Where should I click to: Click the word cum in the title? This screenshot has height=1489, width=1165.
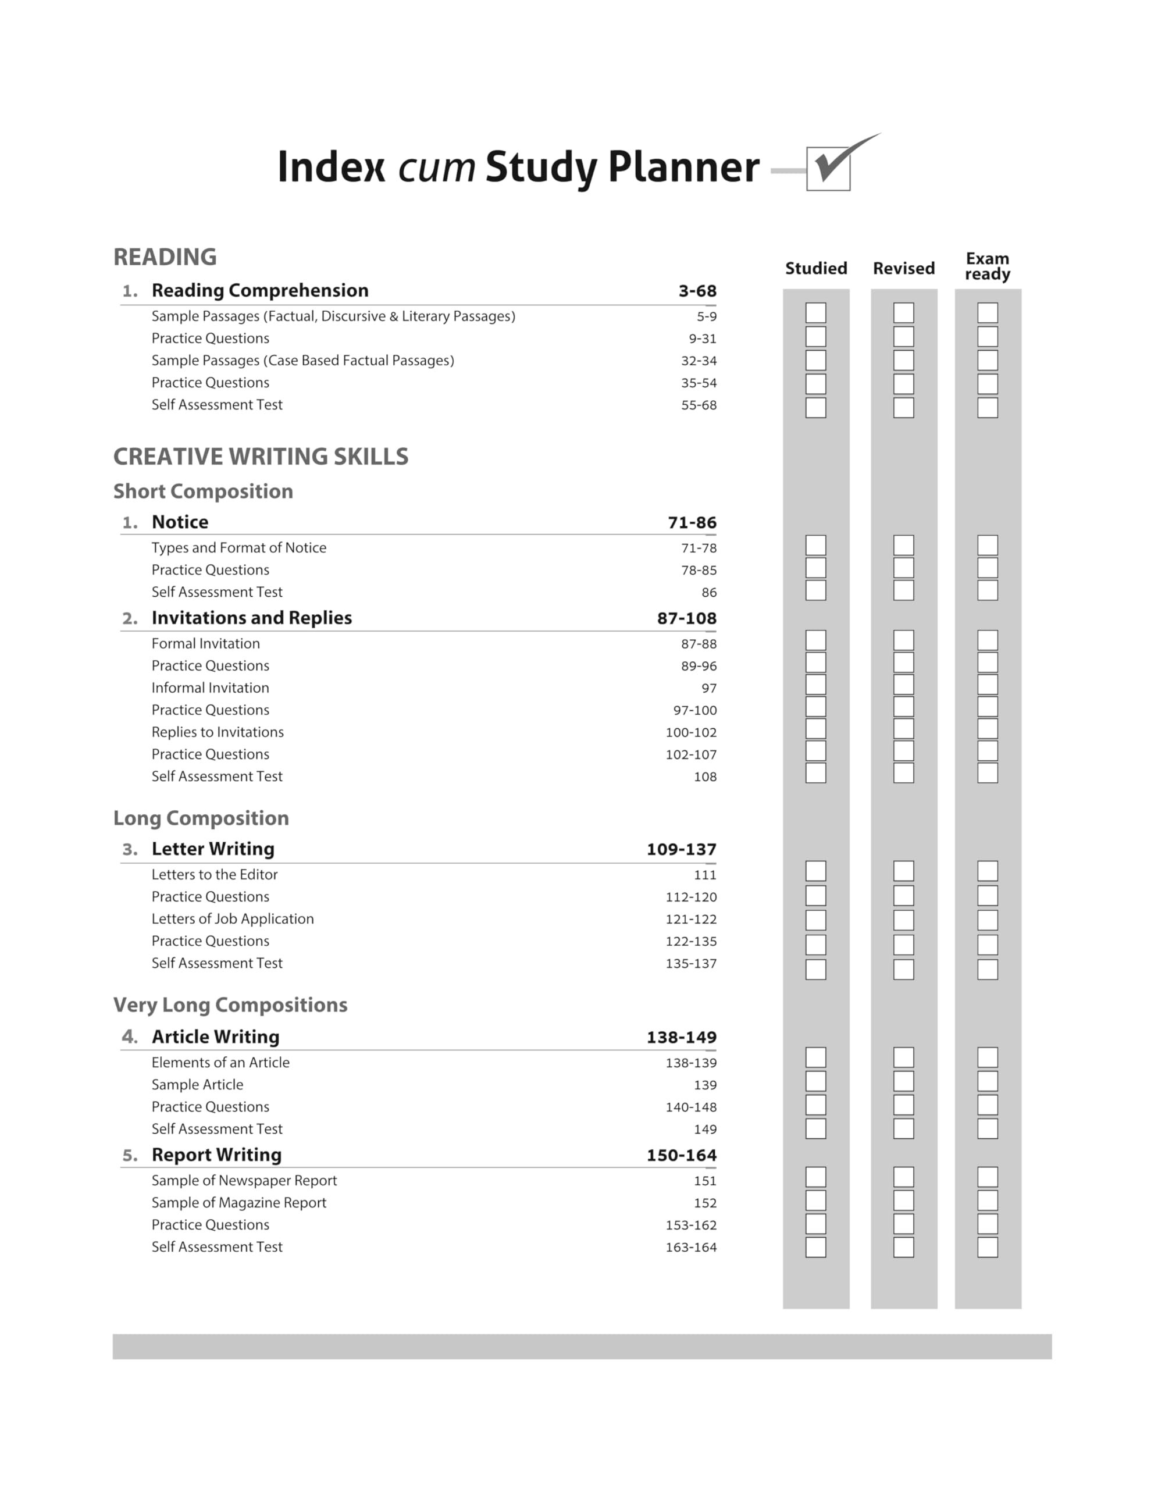tap(437, 167)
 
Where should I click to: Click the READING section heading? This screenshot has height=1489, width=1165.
tap(165, 257)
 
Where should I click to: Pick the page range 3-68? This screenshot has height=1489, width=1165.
tap(697, 291)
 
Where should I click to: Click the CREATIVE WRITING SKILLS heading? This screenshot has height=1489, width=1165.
tap(261, 457)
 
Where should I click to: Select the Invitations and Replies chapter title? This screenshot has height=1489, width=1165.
tap(252, 618)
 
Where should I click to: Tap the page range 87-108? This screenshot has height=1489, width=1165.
tap(687, 619)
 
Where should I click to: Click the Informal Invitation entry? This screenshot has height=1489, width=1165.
tap(210, 687)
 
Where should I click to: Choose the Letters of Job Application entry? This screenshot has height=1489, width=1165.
tap(233, 919)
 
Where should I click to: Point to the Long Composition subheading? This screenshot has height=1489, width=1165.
tap(201, 818)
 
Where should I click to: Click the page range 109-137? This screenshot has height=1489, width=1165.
tap(682, 849)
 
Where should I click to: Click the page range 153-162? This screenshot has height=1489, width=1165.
tap(691, 1225)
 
